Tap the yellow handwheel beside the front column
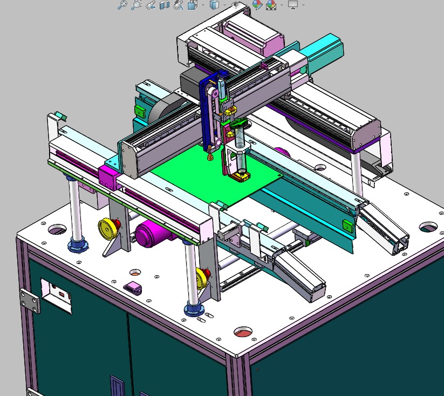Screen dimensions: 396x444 203,278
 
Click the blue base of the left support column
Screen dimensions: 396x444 78,244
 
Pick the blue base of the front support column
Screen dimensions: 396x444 193,309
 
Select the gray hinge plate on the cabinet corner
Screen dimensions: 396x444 30,300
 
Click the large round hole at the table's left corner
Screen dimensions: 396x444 56,230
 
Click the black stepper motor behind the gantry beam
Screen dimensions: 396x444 190,81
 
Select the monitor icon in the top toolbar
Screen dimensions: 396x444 293,5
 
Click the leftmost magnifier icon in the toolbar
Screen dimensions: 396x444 122,5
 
